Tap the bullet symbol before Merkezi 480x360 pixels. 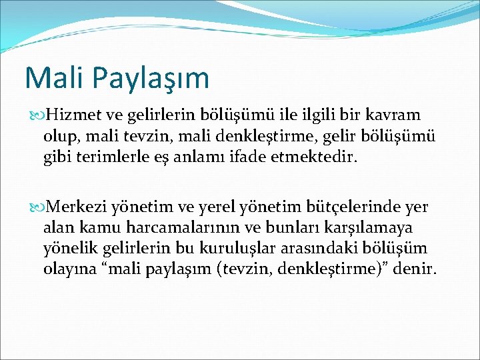point(30,207)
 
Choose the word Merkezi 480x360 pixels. point(79,207)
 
